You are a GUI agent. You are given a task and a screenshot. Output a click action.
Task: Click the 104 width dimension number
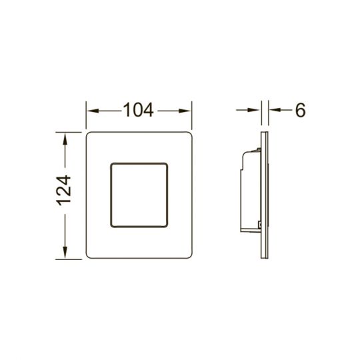point(139,110)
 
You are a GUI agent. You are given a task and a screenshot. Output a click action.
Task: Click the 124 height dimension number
point(64,190)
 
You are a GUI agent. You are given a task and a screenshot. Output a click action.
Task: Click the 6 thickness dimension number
point(300,110)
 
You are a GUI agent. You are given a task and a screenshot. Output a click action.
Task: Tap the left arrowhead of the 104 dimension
point(93,111)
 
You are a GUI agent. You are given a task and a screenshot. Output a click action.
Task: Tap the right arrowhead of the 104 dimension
point(185,111)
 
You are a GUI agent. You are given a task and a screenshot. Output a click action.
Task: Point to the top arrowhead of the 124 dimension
point(65,139)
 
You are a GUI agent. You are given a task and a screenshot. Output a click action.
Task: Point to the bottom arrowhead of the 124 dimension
point(65,252)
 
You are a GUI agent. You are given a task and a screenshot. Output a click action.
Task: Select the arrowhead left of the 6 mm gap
point(254,110)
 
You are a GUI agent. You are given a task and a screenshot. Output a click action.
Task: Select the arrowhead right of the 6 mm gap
point(275,110)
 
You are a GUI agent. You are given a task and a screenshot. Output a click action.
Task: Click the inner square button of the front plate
point(139,195)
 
